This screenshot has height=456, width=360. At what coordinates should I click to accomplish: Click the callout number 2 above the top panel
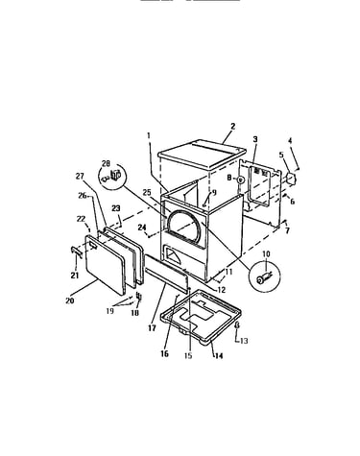(232, 126)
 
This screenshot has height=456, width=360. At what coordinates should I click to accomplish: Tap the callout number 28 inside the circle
(106, 163)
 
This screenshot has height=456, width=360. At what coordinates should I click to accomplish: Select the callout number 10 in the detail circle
(266, 254)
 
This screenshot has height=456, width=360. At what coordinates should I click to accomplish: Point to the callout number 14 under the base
(219, 355)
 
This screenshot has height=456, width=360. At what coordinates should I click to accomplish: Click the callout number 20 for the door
(70, 300)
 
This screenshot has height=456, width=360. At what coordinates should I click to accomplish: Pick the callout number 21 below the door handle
(75, 275)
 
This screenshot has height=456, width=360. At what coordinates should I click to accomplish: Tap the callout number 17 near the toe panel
(152, 328)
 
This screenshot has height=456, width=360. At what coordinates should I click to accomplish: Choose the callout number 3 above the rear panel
(255, 139)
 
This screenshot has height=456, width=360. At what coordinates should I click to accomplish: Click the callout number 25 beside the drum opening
(147, 193)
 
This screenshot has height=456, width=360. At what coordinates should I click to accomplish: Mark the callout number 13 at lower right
(244, 341)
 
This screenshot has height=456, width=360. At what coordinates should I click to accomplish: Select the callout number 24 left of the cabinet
(142, 228)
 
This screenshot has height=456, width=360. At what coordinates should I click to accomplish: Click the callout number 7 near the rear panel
(287, 230)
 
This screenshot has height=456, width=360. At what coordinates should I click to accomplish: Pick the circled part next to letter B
(241, 180)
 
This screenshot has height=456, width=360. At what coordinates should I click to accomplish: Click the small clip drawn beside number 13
(237, 325)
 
